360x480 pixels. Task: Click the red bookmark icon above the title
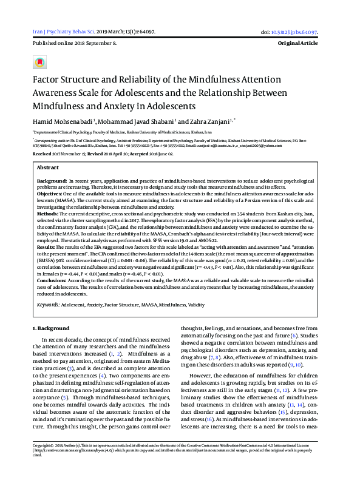(x=40, y=63)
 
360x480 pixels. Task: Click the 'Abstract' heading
(x=49, y=167)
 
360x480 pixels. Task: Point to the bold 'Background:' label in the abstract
(x=51, y=181)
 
